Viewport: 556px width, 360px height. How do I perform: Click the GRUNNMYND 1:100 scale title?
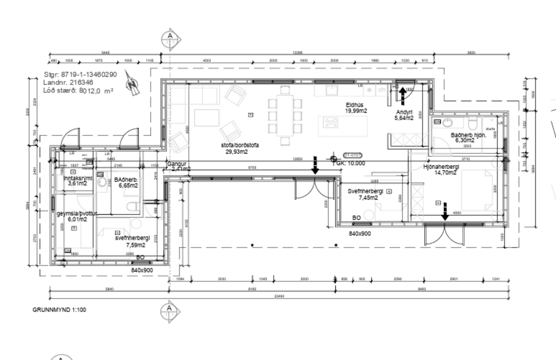[x=59, y=309]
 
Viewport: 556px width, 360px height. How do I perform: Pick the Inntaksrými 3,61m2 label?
[x=77, y=181]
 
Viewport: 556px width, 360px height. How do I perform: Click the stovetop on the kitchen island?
[x=331, y=123]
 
